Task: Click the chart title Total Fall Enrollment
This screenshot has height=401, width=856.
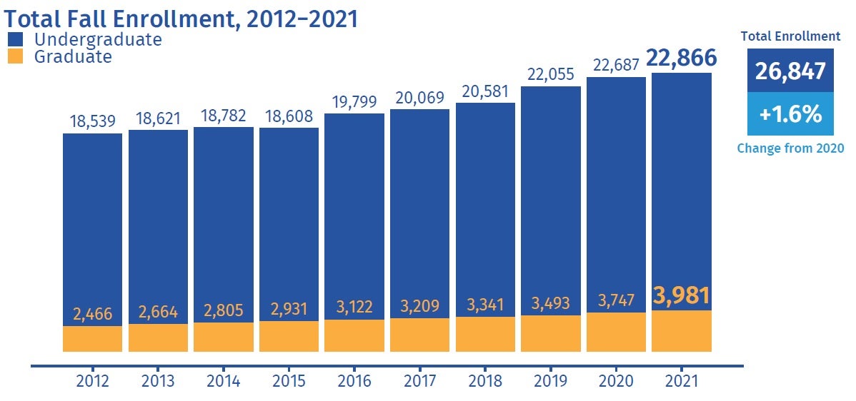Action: (x=181, y=18)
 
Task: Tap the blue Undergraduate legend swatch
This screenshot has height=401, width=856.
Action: (x=18, y=39)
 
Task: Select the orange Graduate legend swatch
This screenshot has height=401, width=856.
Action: (x=18, y=57)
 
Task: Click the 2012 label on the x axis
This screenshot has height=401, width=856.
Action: (x=92, y=381)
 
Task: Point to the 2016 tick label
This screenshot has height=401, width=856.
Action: (x=354, y=381)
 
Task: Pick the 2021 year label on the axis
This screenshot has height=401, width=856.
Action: (x=682, y=381)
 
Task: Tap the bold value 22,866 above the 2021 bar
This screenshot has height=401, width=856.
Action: (x=682, y=59)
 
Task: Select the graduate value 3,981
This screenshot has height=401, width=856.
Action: (x=682, y=295)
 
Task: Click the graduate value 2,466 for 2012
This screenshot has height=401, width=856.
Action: (x=92, y=313)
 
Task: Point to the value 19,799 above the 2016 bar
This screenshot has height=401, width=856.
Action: (x=354, y=101)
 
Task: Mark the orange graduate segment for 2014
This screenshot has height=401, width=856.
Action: (x=224, y=337)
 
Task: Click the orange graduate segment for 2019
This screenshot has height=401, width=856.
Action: (x=551, y=334)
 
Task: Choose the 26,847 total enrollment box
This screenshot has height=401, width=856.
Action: (x=790, y=71)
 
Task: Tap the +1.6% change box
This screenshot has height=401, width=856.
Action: (x=790, y=114)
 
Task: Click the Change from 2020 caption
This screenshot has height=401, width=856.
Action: (x=790, y=148)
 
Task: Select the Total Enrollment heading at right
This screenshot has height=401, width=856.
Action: (x=790, y=36)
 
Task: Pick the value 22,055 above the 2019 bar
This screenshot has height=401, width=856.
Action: (x=551, y=73)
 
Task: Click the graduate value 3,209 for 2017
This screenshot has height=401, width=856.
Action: (x=419, y=306)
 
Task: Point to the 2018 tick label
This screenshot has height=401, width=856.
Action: (x=485, y=381)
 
